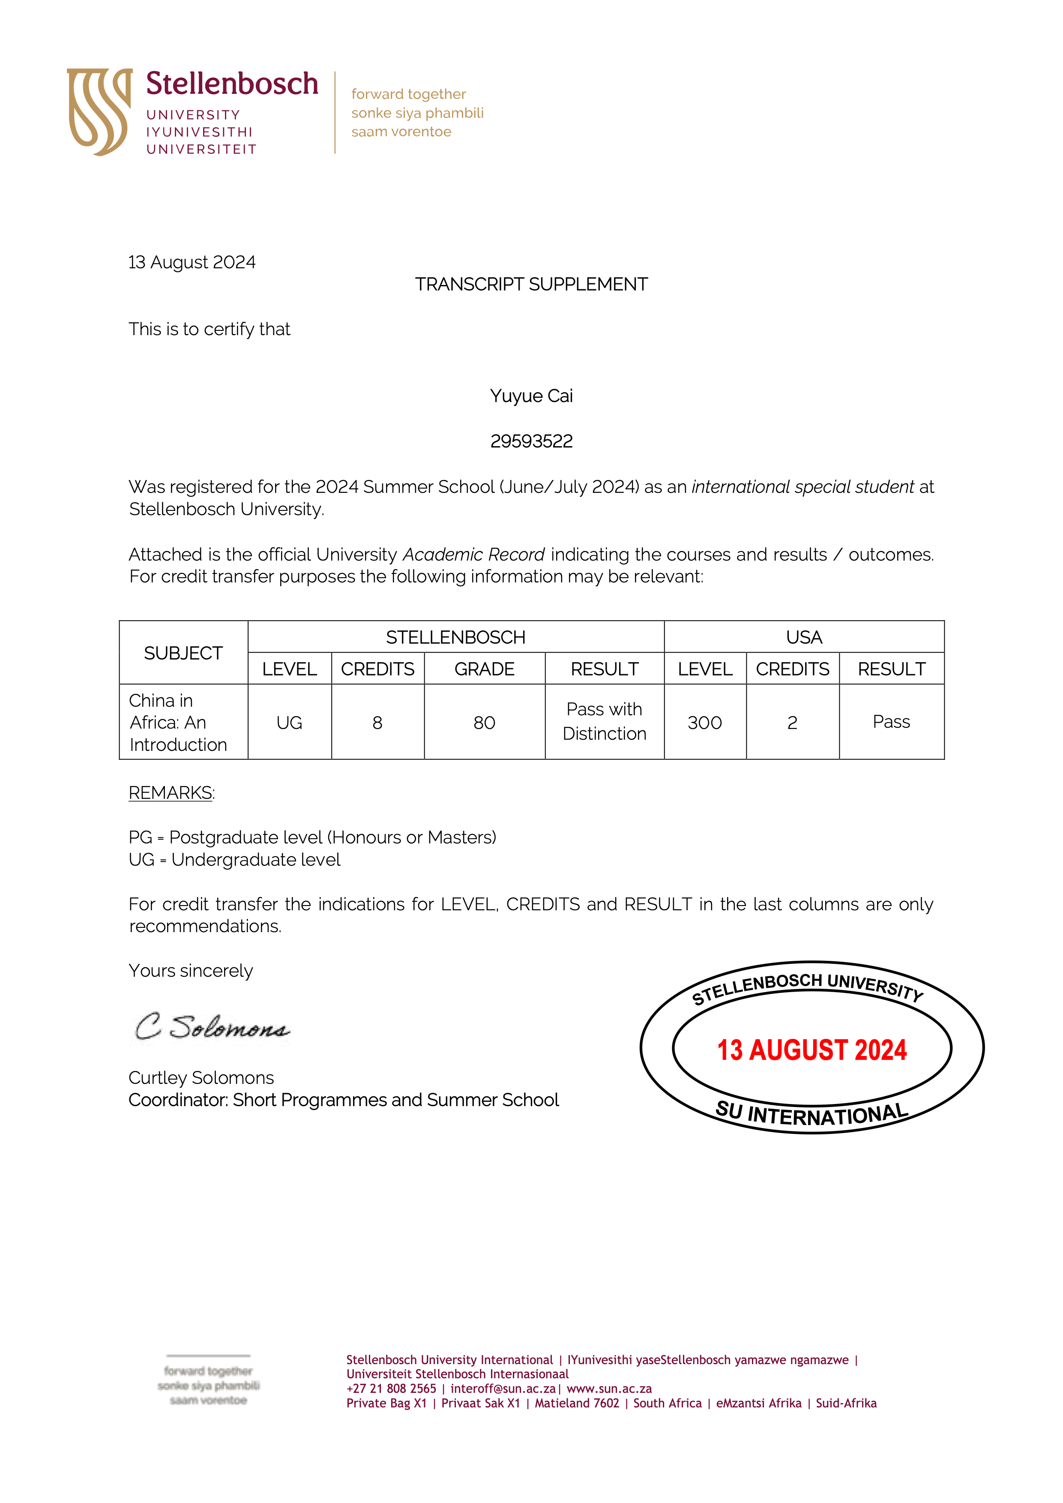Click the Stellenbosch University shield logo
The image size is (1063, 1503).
pos(99,111)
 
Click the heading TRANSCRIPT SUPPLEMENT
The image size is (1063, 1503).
pos(531,284)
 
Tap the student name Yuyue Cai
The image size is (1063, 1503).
pos(531,396)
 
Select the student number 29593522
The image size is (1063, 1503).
pos(531,441)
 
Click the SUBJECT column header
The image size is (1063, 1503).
pos(183,653)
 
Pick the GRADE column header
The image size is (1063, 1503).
pos(485,669)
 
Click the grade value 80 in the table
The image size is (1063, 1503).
pos(485,723)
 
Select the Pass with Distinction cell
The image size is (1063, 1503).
pos(604,721)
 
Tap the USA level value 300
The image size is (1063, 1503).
pos(704,723)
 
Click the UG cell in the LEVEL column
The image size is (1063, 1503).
pos(289,723)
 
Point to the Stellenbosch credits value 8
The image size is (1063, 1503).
pos(377,723)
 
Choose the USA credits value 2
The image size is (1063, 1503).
pos(792,723)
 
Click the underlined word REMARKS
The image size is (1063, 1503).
pos(170,793)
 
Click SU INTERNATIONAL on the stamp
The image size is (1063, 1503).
pos(811,1113)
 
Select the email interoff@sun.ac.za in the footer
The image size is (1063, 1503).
pos(503,1389)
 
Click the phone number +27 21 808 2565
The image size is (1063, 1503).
pos(391,1389)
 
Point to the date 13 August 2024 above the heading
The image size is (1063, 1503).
pos(192,263)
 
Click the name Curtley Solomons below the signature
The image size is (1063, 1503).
pos(201,1077)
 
